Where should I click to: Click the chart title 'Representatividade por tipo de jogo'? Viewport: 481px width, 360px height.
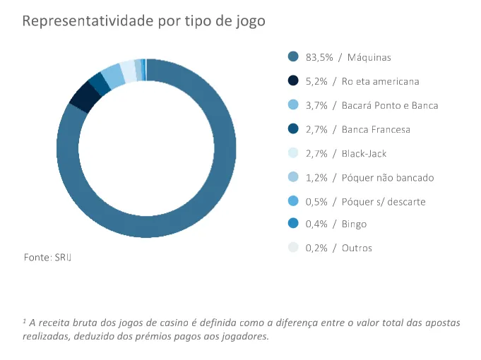click(143, 20)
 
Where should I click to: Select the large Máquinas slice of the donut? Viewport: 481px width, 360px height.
click(212, 198)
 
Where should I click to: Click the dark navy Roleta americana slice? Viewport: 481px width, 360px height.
click(83, 96)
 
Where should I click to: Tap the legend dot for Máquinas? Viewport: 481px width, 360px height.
click(293, 57)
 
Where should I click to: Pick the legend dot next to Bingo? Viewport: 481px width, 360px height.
click(293, 224)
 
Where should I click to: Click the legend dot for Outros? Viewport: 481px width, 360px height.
click(293, 248)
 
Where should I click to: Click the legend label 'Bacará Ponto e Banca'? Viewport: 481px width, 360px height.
click(390, 105)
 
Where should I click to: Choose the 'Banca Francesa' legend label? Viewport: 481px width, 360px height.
click(376, 129)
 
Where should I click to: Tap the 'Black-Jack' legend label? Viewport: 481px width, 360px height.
click(364, 153)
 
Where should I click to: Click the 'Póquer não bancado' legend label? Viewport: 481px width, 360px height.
click(387, 177)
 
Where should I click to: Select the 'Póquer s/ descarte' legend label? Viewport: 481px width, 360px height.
click(383, 201)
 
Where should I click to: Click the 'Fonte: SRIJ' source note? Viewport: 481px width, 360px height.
click(48, 258)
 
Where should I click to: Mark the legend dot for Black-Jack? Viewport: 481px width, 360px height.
click(293, 153)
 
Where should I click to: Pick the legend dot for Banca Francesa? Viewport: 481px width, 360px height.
click(293, 129)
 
